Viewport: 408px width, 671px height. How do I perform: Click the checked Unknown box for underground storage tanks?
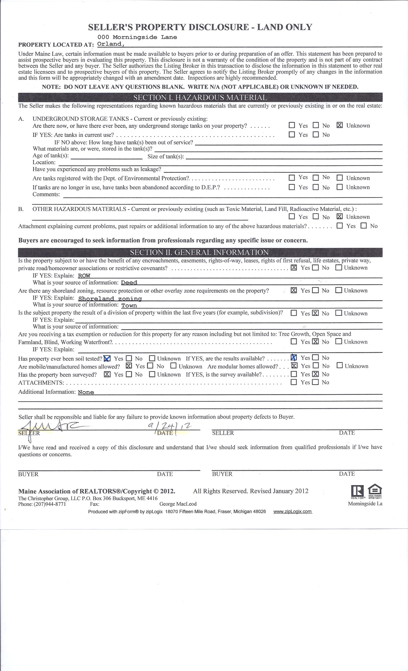pyautogui.click(x=340, y=125)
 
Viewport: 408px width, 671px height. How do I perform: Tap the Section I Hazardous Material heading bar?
pyautogui.click(x=200, y=98)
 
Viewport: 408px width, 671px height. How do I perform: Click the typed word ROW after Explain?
pyautogui.click(x=84, y=276)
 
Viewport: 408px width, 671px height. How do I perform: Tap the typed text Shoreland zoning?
pyautogui.click(x=110, y=298)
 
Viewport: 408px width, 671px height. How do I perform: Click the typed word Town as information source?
pyautogui.click(x=129, y=306)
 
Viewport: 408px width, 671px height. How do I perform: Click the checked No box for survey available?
pyautogui.click(x=316, y=374)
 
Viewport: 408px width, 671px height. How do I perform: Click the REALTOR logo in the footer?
pyautogui.click(x=357, y=492)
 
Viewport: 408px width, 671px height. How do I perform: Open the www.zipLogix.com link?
pyautogui.click(x=292, y=511)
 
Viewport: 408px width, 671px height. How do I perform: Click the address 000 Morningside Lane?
pyautogui.click(x=137, y=37)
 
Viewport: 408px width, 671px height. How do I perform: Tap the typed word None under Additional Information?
pyautogui.click(x=86, y=392)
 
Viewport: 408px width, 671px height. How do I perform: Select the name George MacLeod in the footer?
pyautogui.click(x=178, y=504)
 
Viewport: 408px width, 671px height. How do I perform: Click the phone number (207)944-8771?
pyautogui.click(x=50, y=504)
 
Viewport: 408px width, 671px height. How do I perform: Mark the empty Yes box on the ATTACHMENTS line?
pyautogui.click(x=294, y=382)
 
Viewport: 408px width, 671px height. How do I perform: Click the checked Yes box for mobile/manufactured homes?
pyautogui.click(x=129, y=366)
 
